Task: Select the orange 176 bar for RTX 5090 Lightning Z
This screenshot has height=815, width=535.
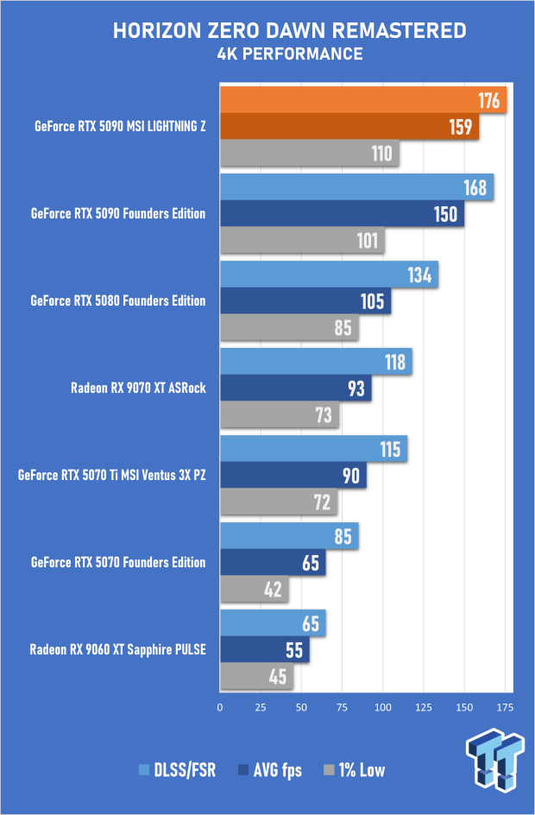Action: click(x=362, y=101)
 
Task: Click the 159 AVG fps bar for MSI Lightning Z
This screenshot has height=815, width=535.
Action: click(x=349, y=128)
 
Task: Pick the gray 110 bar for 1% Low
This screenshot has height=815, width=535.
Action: click(x=309, y=155)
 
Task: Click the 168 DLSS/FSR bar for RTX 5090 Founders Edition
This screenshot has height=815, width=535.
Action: click(x=356, y=187)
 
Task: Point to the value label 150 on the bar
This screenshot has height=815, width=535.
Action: click(x=445, y=214)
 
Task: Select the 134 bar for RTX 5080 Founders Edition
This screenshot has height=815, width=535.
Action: click(x=329, y=275)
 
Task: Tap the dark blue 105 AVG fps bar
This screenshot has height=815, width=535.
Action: click(x=305, y=301)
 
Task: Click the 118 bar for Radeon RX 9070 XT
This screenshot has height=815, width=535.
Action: click(x=316, y=362)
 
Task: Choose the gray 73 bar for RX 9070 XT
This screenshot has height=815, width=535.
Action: click(x=280, y=415)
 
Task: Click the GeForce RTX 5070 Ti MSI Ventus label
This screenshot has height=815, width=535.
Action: click(x=111, y=476)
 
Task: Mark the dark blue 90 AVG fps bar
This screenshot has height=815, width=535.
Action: click(x=293, y=476)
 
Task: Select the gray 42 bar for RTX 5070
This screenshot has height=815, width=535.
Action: click(x=255, y=590)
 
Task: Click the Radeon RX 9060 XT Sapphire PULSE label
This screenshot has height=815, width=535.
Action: click(x=117, y=649)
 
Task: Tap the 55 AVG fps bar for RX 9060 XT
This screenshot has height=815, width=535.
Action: click(x=265, y=649)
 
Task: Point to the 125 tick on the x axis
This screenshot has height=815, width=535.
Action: click(x=423, y=708)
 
